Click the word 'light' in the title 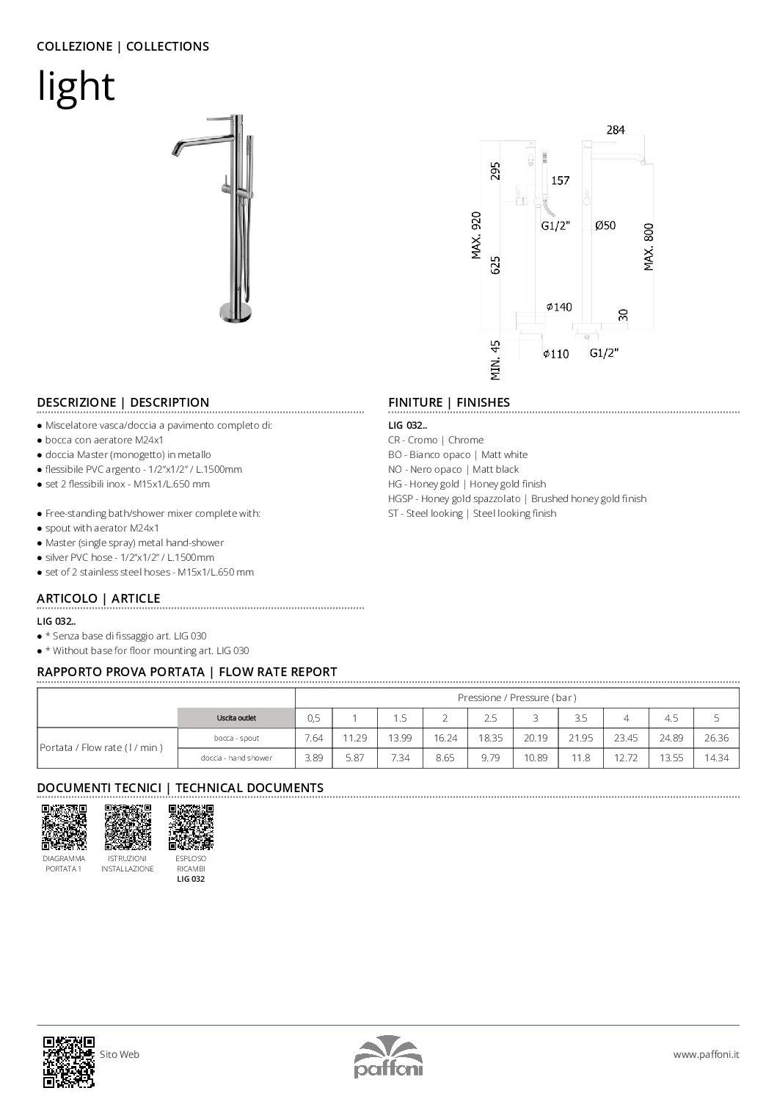(x=76, y=87)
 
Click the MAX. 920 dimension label (x=476, y=236)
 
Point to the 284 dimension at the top (x=615, y=130)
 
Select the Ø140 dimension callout (x=558, y=307)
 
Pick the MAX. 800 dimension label (x=649, y=247)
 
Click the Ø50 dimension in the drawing (x=605, y=226)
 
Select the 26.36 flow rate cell (x=716, y=738)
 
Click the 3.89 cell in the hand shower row (x=313, y=758)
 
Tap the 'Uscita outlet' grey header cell (x=236, y=718)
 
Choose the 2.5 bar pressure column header (x=490, y=718)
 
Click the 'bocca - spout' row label (x=236, y=738)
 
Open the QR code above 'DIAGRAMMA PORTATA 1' (x=64, y=827)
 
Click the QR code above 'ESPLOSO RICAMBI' (x=191, y=827)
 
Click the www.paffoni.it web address (x=706, y=1054)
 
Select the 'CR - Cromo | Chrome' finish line (x=436, y=440)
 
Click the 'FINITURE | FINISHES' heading (x=448, y=402)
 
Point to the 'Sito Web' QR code (x=68, y=1061)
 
